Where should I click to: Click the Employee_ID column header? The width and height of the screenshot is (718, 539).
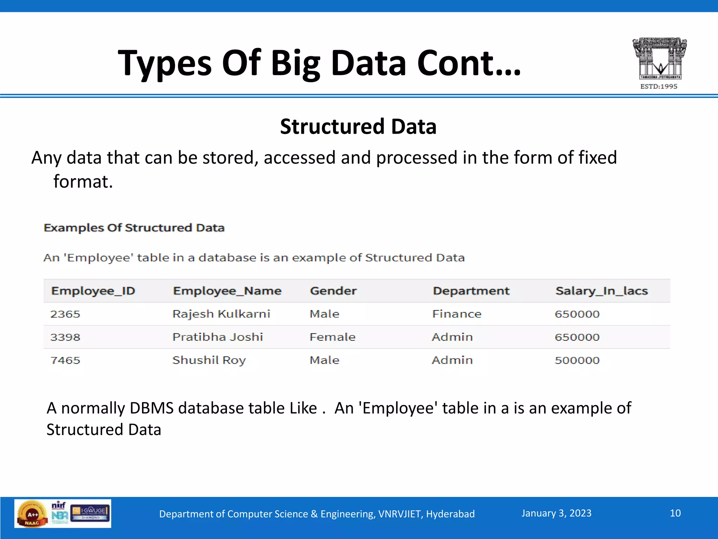coord(93,291)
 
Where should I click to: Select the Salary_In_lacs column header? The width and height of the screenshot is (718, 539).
coord(602,291)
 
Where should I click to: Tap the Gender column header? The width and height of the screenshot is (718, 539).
coord(333,291)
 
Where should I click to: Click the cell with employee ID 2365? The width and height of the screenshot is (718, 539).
coord(65,314)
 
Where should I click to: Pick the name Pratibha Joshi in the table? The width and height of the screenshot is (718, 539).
coord(218,337)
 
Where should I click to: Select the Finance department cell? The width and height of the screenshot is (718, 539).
coord(457,314)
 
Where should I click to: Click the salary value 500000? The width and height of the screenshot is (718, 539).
coord(577,360)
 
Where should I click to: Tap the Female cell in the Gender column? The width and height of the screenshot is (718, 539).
coord(332,337)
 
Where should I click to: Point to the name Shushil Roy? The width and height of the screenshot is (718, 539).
coord(209,360)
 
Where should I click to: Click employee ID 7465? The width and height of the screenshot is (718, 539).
coord(65,360)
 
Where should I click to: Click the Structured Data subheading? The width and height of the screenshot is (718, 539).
coord(358,126)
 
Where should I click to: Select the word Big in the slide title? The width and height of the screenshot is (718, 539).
coord(295,63)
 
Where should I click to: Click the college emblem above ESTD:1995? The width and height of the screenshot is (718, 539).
coord(659,58)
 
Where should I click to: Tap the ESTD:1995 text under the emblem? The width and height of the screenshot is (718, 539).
coord(659,86)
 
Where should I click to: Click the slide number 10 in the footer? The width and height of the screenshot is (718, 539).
coord(675,513)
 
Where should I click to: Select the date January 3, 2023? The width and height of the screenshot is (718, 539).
coord(556,513)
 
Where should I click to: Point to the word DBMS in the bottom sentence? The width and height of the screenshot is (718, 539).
coord(151,408)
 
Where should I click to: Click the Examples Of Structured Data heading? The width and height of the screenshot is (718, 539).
coord(134,228)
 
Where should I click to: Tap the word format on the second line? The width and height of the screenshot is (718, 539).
coord(83,182)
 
